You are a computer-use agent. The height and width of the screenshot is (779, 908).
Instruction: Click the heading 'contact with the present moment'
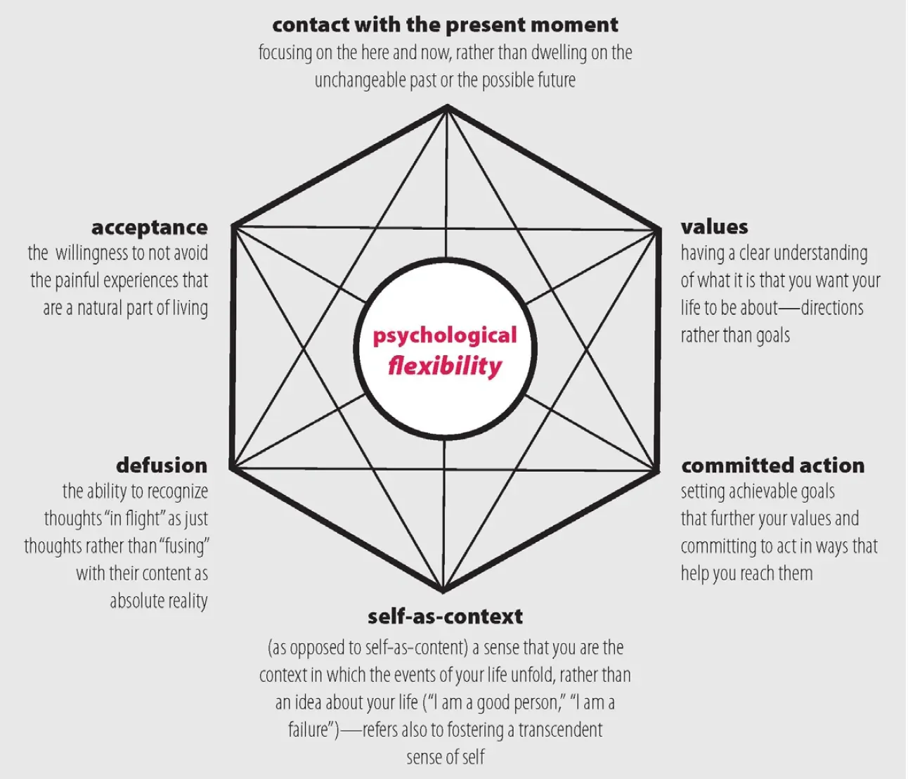tap(445, 25)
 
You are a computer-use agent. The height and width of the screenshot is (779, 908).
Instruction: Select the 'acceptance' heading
tap(150, 227)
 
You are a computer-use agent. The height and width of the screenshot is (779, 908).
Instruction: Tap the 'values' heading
tap(714, 226)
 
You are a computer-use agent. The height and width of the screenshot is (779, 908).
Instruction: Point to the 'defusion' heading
tap(162, 465)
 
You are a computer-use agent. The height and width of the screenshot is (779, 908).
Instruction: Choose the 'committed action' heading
tap(772, 465)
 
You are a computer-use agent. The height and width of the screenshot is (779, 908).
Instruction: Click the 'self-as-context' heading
tap(445, 616)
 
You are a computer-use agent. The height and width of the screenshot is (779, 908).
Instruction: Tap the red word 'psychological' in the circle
tap(445, 335)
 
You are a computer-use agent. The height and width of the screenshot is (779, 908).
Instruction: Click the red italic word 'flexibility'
tap(445, 366)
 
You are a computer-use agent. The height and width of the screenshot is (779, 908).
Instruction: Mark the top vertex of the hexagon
tap(446, 107)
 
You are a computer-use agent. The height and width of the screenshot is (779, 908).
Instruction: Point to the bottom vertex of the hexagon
tap(443, 591)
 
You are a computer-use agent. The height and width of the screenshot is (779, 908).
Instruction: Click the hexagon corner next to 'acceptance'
tap(233, 226)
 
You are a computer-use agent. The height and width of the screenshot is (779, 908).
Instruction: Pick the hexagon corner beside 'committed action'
tap(658, 470)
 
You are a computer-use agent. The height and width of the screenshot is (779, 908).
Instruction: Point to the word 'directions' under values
tap(832, 308)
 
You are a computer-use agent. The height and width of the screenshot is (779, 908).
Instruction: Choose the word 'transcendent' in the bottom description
tap(560, 730)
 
